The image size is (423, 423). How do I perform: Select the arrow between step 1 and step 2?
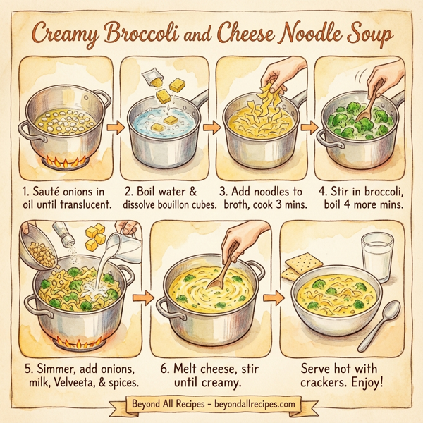pos(113,128)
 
